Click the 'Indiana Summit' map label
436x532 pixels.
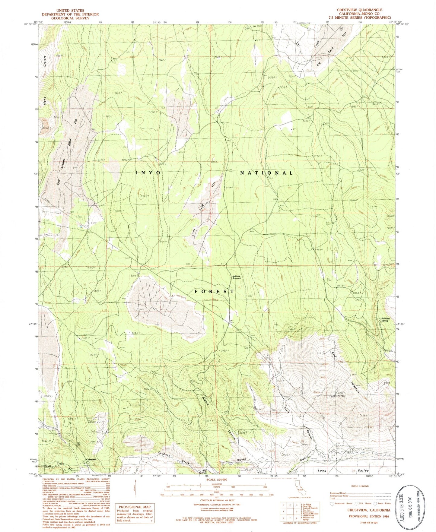coord(236,277)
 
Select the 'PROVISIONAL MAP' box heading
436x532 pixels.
coord(135,507)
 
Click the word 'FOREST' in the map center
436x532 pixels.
coord(214,291)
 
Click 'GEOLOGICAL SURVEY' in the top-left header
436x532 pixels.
coord(70,18)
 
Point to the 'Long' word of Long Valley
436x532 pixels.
coord(322,470)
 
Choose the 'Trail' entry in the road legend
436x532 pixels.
coord(333,499)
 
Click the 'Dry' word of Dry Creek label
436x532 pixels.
coord(299,44)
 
